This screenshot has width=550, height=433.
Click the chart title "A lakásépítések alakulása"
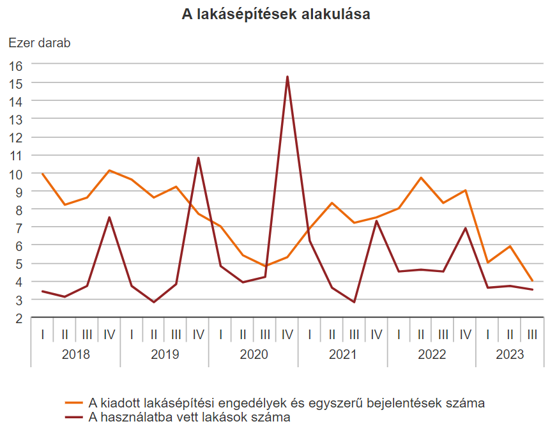pyautogui.click(x=276, y=15)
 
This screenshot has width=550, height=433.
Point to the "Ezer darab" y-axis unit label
pyautogui.click(x=39, y=43)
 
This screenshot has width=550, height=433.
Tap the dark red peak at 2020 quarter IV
pyautogui.click(x=287, y=77)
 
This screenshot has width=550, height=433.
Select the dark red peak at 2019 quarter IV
pyautogui.click(x=198, y=158)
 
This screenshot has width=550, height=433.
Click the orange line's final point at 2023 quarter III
pyautogui.click(x=532, y=280)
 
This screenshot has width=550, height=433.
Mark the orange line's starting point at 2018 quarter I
pyautogui.click(x=42, y=174)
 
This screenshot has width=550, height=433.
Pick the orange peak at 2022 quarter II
pyautogui.click(x=421, y=178)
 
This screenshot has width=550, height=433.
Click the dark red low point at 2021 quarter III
pyautogui.click(x=354, y=302)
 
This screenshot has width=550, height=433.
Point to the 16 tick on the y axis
pyautogui.click(x=16, y=65)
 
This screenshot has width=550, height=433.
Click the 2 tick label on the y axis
pyautogui.click(x=19, y=317)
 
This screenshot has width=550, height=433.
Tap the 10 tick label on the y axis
pyautogui.click(x=16, y=174)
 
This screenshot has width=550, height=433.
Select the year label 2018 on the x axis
pyautogui.click(x=75, y=354)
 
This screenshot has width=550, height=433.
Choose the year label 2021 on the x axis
pyautogui.click(x=343, y=354)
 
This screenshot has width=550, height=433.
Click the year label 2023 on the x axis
pyautogui.click(x=510, y=354)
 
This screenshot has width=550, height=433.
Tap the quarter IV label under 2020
pyautogui.click(x=287, y=334)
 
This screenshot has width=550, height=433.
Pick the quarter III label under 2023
pyautogui.click(x=532, y=334)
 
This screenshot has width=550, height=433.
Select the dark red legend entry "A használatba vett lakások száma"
pyautogui.click(x=189, y=418)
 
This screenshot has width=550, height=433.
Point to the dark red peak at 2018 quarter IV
pyautogui.click(x=109, y=217)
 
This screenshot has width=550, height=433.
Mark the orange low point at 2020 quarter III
pyautogui.click(x=265, y=266)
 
